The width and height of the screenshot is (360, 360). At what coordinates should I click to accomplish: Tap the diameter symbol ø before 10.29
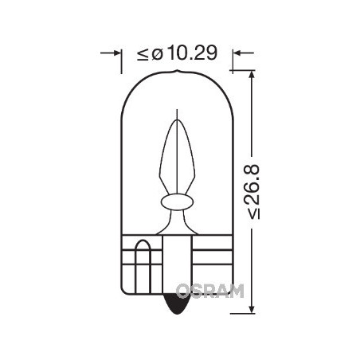156,54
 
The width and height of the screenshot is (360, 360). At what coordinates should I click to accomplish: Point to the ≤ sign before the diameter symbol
143,54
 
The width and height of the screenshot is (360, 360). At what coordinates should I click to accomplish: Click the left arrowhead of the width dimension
116,54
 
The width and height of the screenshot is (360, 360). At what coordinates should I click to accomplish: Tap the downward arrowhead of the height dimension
251,307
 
